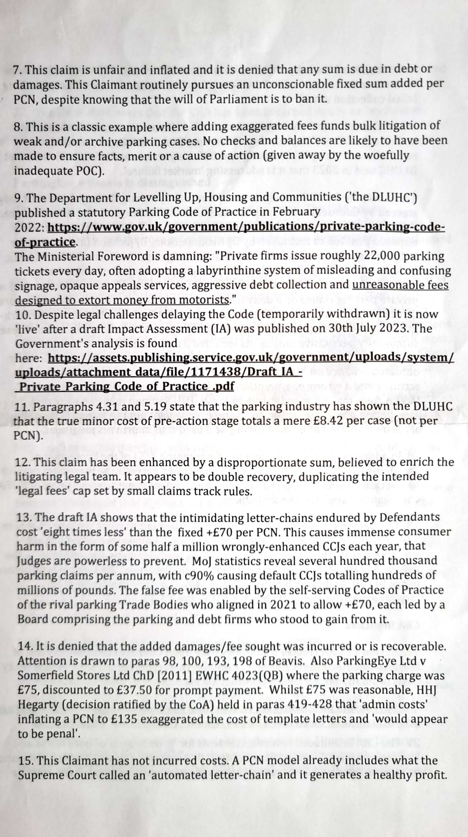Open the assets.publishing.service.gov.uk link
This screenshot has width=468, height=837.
[x=250, y=358]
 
